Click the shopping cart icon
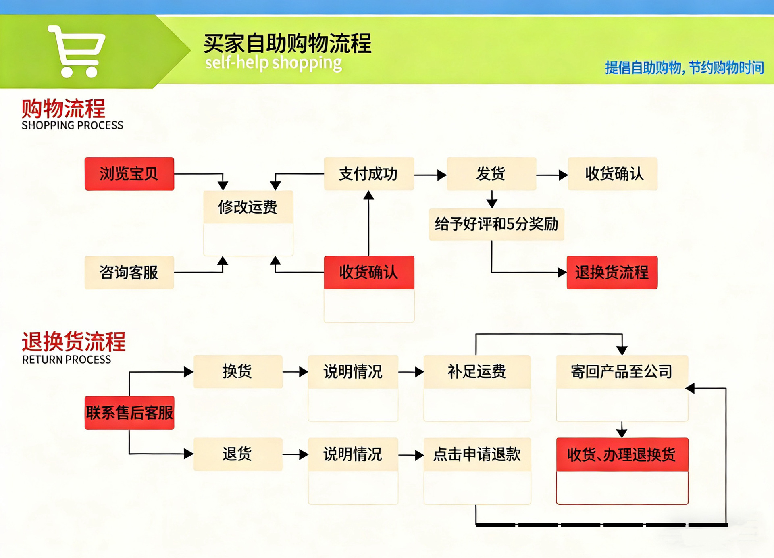tap(77, 51)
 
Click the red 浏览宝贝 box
tap(129, 174)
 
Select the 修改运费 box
tap(248, 207)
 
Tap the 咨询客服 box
tap(129, 273)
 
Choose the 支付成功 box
tap(368, 174)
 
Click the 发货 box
tap(491, 174)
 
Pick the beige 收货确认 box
tap(613, 174)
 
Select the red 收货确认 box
tap(368, 273)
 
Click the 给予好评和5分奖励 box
tap(496, 224)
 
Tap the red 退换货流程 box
tap(612, 273)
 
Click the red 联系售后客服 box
tap(129, 413)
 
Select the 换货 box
tap(237, 371)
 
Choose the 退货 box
tap(237, 454)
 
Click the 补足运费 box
tap(477, 371)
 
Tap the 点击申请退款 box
tap(477, 454)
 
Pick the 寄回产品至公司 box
tap(622, 371)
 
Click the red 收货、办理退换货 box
tap(622, 455)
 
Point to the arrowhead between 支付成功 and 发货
tap(442, 175)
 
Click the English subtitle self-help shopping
tap(273, 63)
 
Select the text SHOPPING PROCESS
tap(73, 125)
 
